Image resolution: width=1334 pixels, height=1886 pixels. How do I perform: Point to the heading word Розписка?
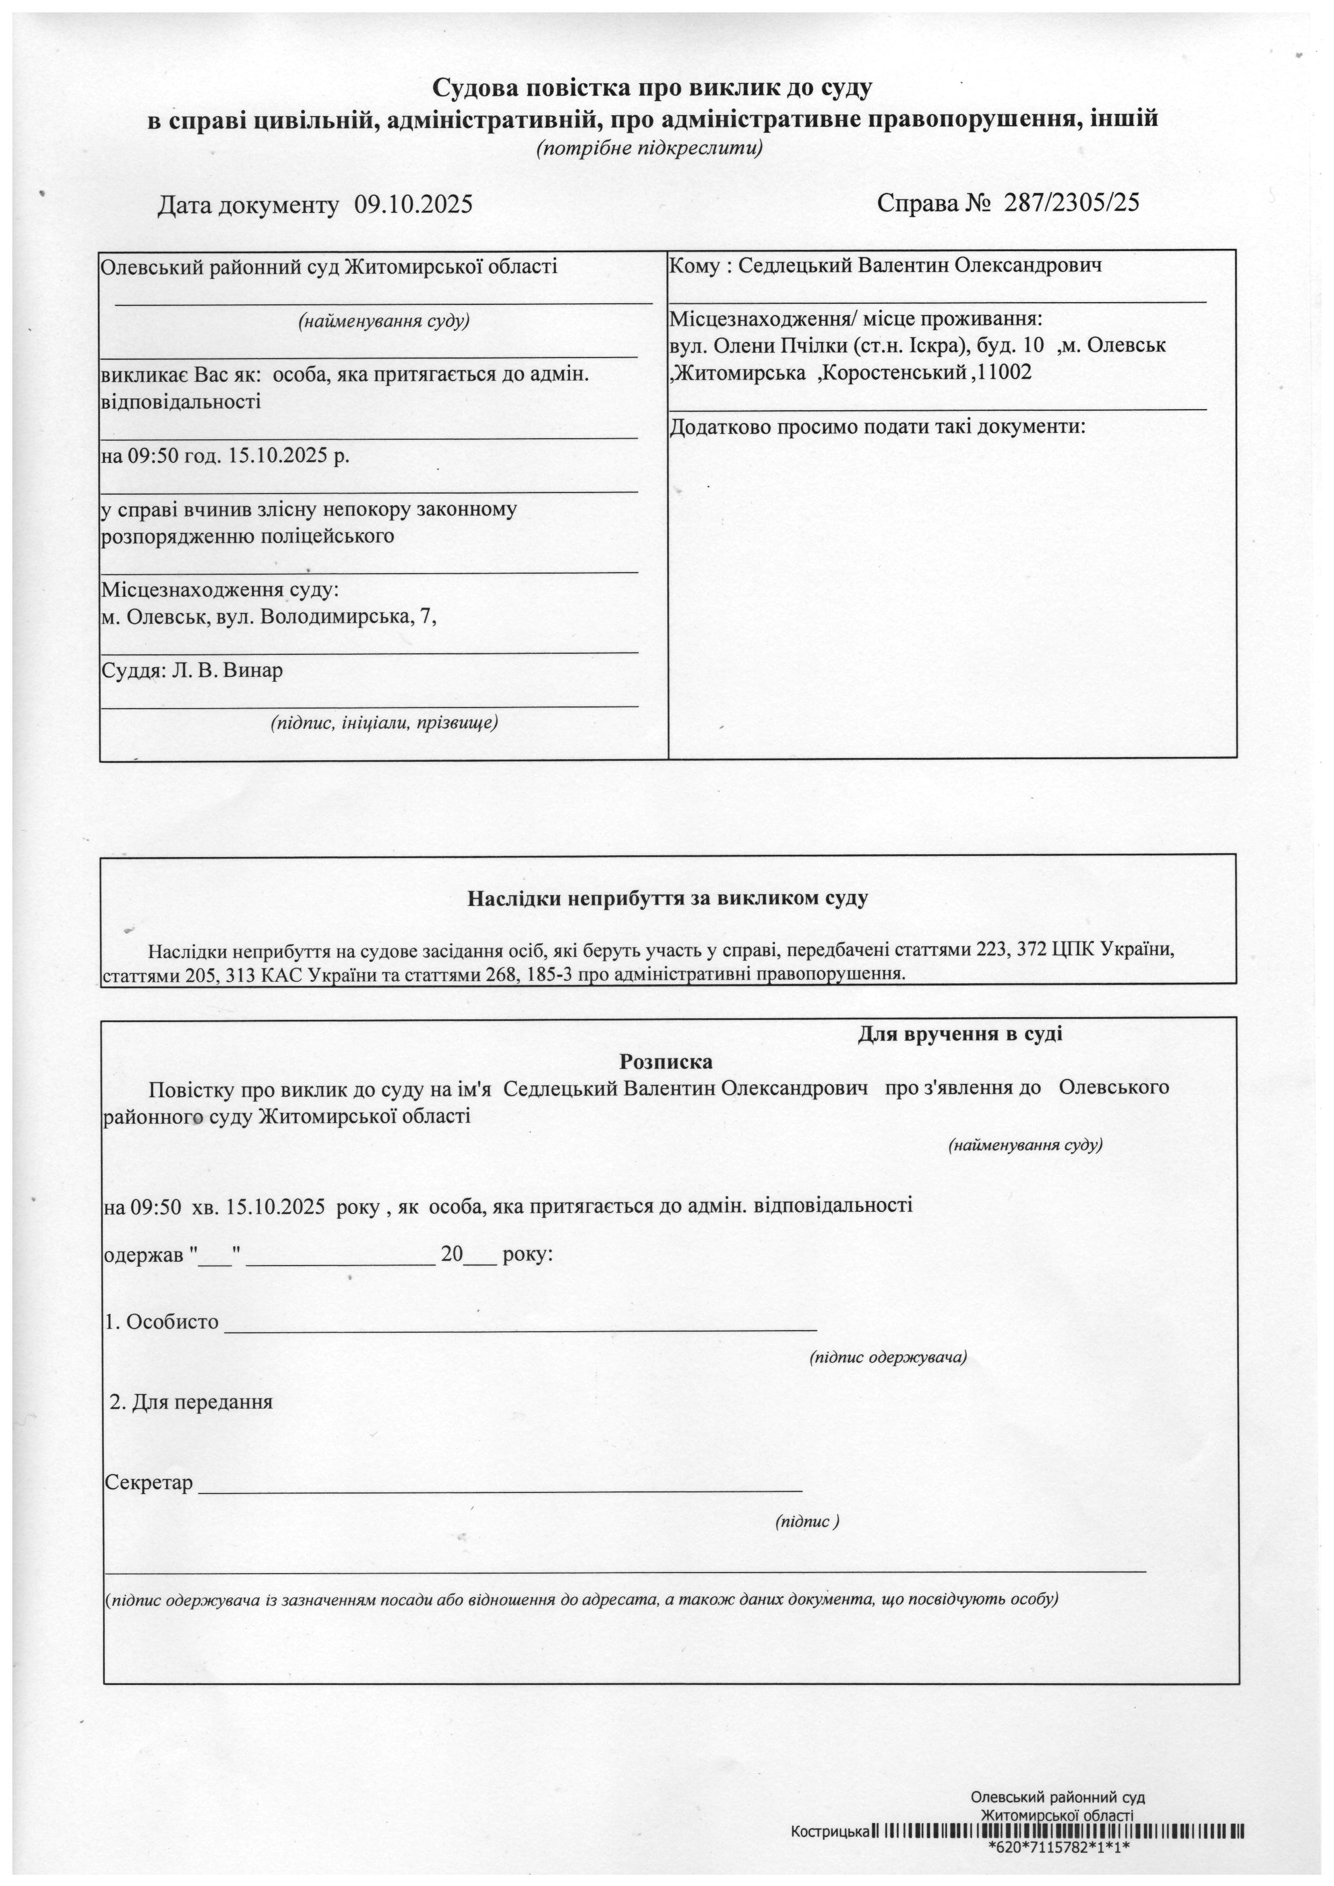click(x=666, y=1061)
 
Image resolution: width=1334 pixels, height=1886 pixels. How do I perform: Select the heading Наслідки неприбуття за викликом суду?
click(x=667, y=898)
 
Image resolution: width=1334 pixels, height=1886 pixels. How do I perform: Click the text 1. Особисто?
click(x=162, y=1321)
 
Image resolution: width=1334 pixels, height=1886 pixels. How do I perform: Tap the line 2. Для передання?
click(x=191, y=1402)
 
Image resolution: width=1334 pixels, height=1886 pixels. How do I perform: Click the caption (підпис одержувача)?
click(x=888, y=1357)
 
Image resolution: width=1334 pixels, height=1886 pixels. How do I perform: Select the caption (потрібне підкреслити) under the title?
click(x=650, y=149)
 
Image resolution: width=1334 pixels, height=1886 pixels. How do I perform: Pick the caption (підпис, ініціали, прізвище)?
click(x=384, y=723)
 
